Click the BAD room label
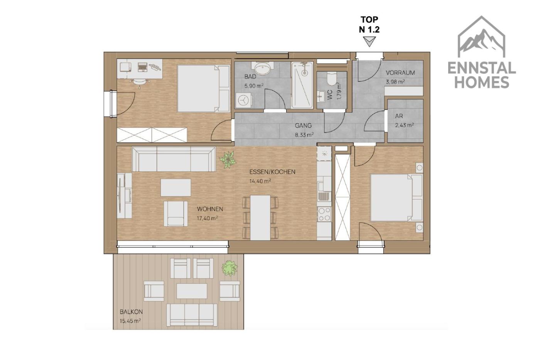pyautogui.click(x=250, y=77)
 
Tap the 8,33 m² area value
pyautogui.click(x=304, y=135)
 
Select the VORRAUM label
pyautogui.click(x=400, y=73)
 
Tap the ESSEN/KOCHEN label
pyautogui.click(x=272, y=172)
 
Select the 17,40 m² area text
pyautogui.click(x=208, y=218)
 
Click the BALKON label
pyautogui.click(x=131, y=312)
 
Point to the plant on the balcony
pyautogui.click(x=230, y=268)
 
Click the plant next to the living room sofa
pyautogui.click(x=227, y=159)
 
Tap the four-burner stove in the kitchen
pyautogui.click(x=324, y=214)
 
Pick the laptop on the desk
pyautogui.click(x=142, y=67)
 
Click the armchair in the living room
pyautogui.click(x=175, y=214)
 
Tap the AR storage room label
pyautogui.click(x=399, y=116)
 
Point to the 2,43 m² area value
pyautogui.click(x=404, y=125)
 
